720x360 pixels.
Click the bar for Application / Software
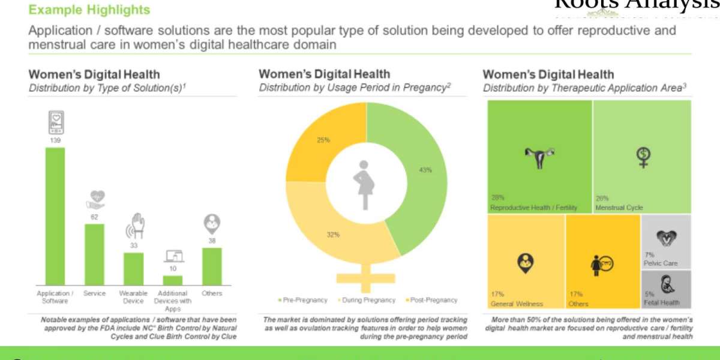pyautogui.click(x=55, y=216)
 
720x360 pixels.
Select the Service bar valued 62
pyautogui.click(x=94, y=254)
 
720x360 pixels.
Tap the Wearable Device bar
pyautogui.click(x=133, y=268)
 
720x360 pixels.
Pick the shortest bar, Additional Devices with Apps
pyautogui.click(x=173, y=280)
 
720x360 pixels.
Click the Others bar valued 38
pyautogui.click(x=212, y=266)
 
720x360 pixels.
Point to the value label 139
pyautogui.click(x=55, y=140)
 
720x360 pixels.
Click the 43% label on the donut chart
pyautogui.click(x=425, y=170)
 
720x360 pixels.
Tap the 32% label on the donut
pyautogui.click(x=333, y=235)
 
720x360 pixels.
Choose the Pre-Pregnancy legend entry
pyautogui.click(x=304, y=300)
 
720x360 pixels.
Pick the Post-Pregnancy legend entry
pyautogui.click(x=432, y=300)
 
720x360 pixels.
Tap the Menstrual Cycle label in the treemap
pyautogui.click(x=619, y=208)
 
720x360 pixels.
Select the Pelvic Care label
pyautogui.click(x=661, y=263)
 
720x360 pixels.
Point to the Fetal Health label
pyautogui.click(x=662, y=303)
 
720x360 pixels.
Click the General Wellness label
pyautogui.click(x=517, y=304)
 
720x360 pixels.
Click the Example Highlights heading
pyautogui.click(x=89, y=10)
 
